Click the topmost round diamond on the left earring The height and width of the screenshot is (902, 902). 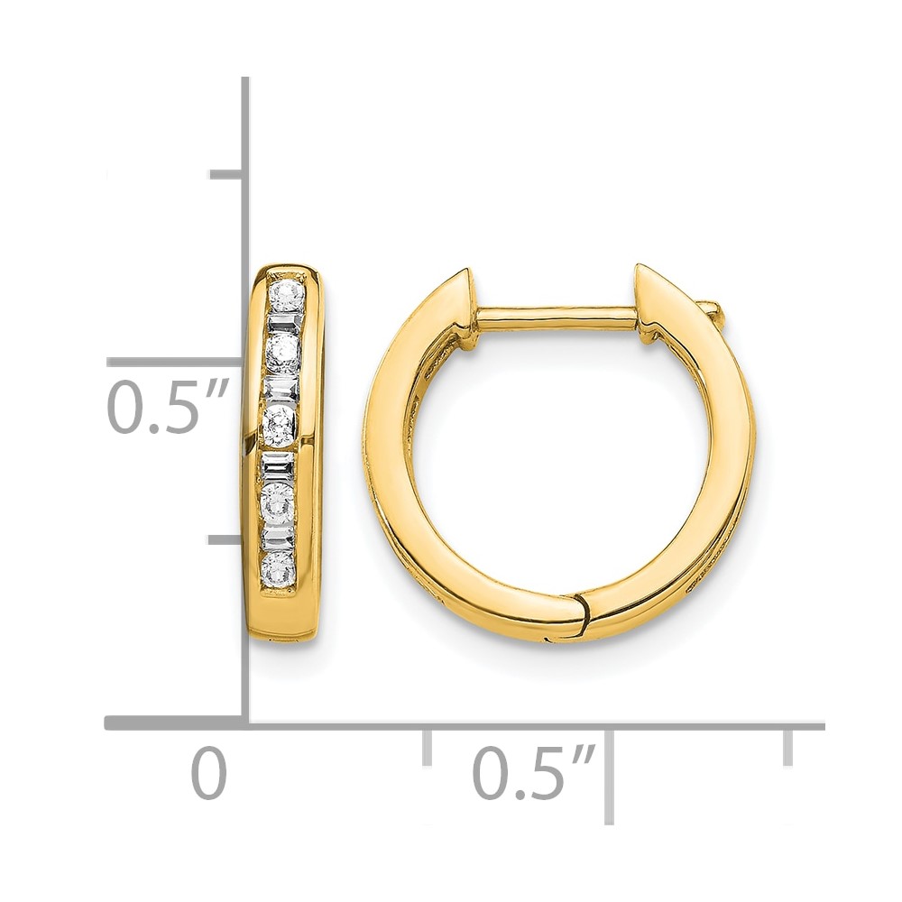pos(287,296)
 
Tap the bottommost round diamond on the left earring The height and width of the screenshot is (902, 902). pos(279,567)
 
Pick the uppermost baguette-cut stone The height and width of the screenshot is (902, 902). pos(285,322)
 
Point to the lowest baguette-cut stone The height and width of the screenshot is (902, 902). pos(279,538)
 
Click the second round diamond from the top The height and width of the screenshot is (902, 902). pos(283,352)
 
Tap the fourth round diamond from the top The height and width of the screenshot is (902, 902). pos(279,501)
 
